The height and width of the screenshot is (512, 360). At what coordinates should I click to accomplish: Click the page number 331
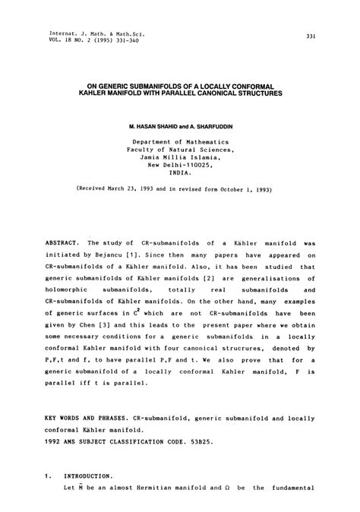(311, 36)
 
